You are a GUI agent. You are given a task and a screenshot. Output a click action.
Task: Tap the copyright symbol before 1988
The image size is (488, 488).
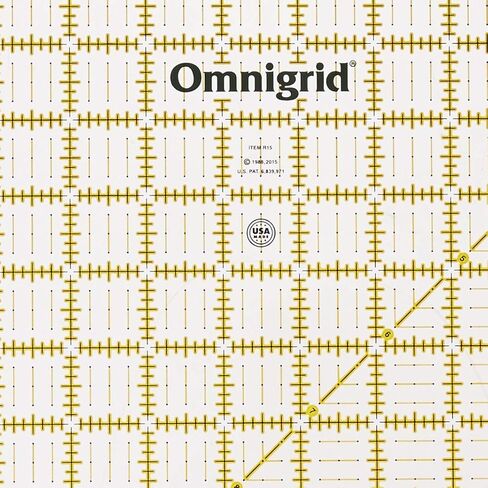tap(246, 159)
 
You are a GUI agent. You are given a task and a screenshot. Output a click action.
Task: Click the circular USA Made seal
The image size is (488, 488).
tap(261, 233)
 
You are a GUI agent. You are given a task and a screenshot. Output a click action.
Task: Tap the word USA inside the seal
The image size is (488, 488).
tap(261, 230)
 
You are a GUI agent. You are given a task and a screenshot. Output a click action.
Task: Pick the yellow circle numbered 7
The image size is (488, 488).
tap(312, 409)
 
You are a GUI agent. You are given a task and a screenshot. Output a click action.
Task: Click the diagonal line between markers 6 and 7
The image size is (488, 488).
tap(350, 371)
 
